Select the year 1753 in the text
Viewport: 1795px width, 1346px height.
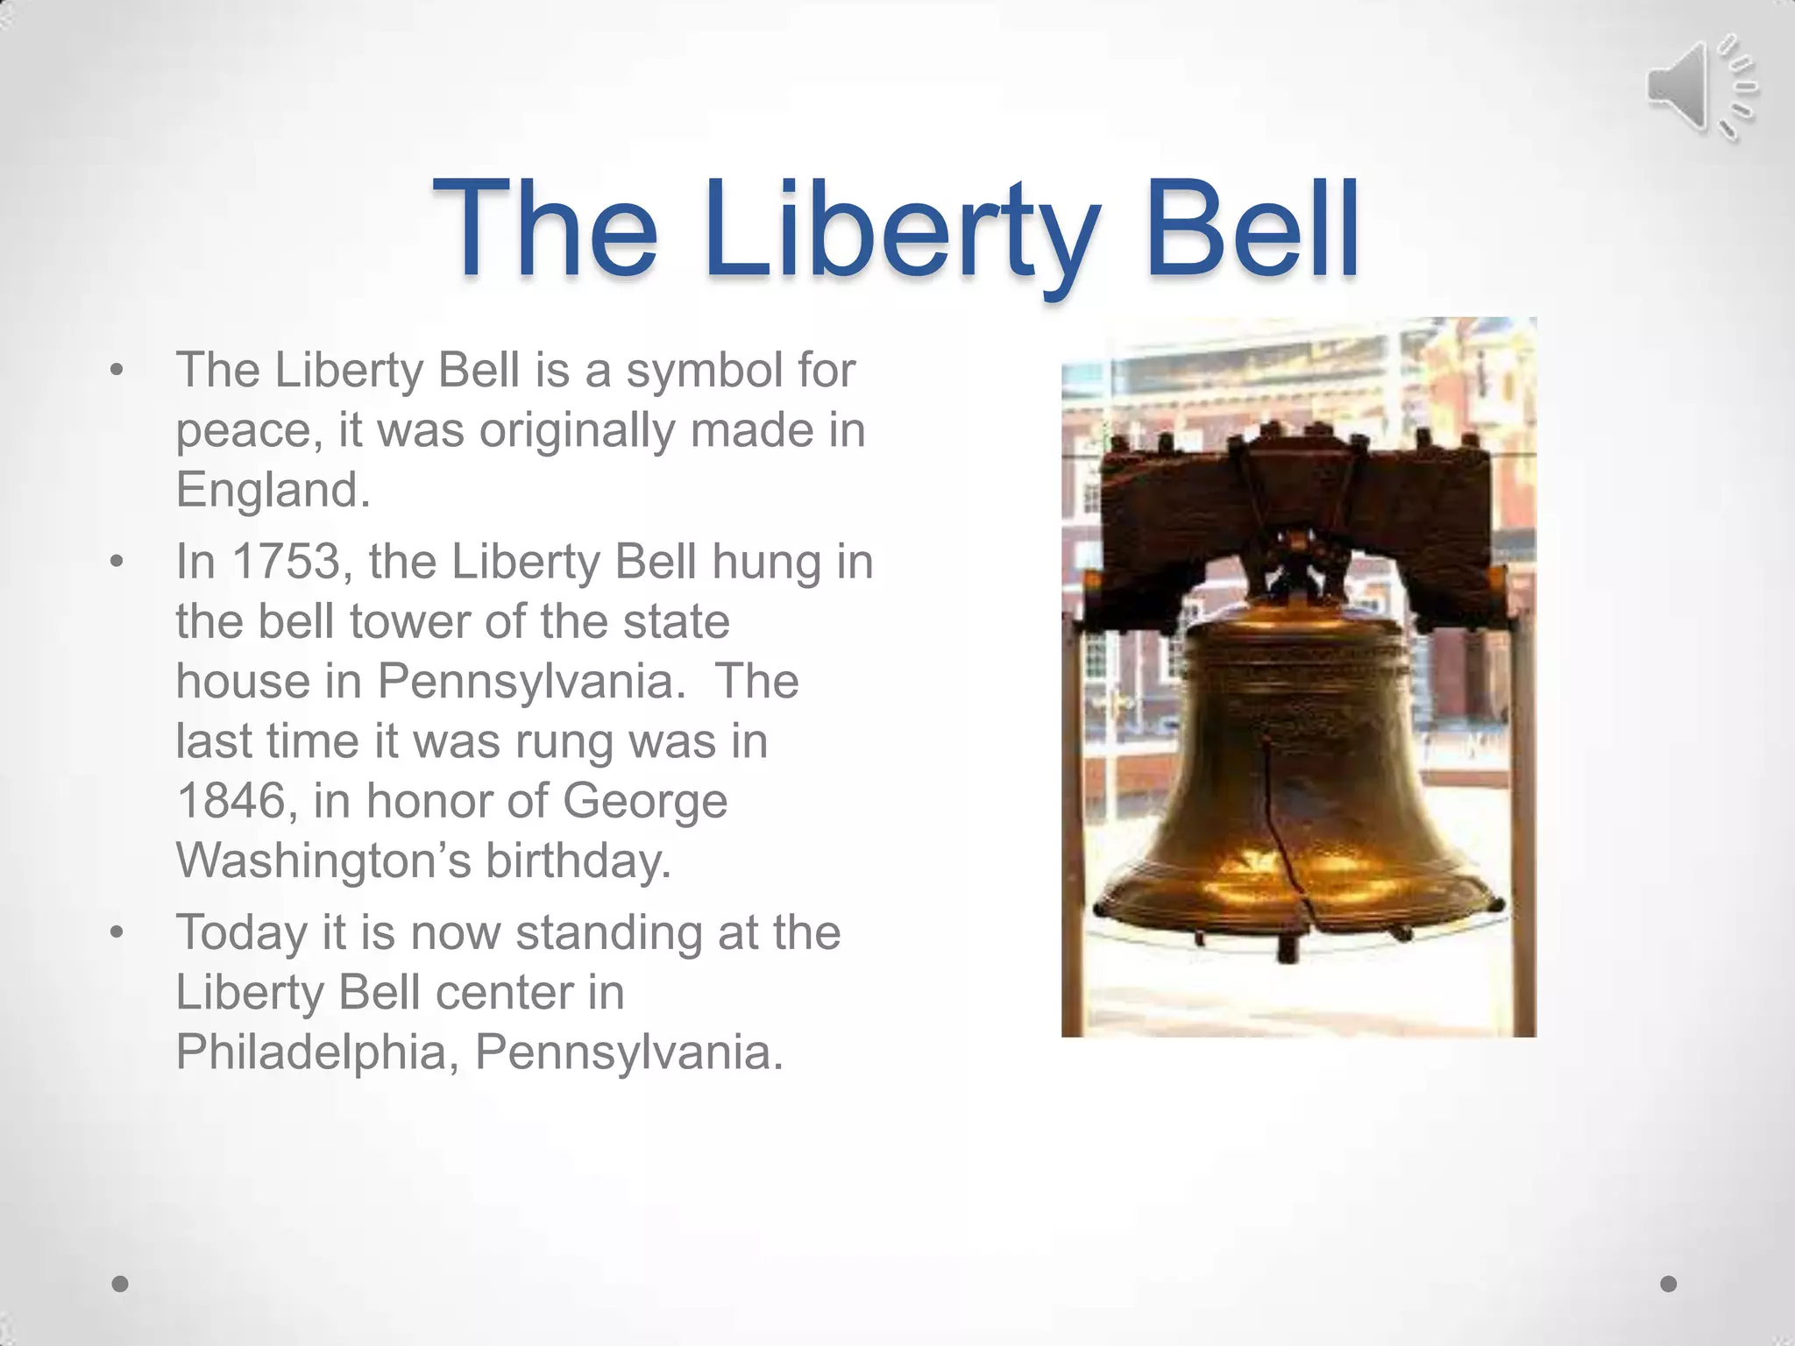pos(286,561)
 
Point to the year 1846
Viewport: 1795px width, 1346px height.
pos(231,800)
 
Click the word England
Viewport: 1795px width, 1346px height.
pos(273,489)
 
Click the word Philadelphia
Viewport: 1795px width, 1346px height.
pos(317,1052)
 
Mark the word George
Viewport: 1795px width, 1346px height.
pos(644,801)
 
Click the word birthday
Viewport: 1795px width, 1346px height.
pos(578,861)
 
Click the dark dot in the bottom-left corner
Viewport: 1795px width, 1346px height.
pos(121,1284)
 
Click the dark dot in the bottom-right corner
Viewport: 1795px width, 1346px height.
pos(1669,1284)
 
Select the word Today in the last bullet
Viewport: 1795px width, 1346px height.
pos(241,932)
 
